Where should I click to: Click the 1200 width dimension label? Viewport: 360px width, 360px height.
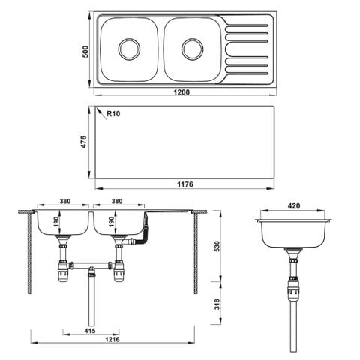tap(181, 92)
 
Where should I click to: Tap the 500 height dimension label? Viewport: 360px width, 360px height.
tap(85, 52)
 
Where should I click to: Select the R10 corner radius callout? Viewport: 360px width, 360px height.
tap(113, 114)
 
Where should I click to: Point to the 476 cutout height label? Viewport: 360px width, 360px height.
tap(84, 142)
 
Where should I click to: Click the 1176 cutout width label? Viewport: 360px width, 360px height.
tap(185, 184)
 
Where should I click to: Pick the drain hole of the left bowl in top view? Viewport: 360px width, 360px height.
tap(129, 49)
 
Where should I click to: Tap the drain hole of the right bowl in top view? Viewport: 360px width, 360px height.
tap(193, 49)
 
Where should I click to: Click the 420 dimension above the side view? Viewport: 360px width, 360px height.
tap(294, 206)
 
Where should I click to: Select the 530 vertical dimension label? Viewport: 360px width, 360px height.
tap(217, 246)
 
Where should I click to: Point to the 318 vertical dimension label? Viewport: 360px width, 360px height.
tap(217, 304)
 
